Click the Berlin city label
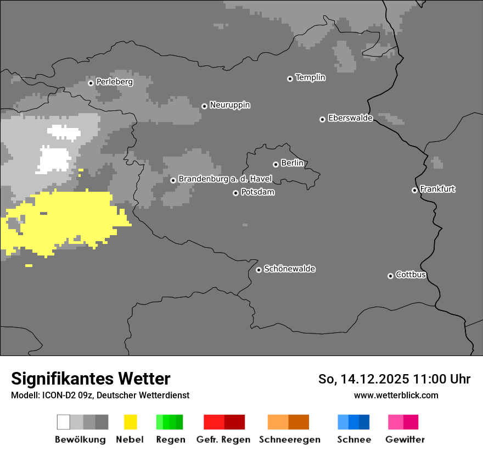(x=292, y=163)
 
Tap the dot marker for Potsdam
(x=235, y=193)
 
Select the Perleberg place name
(x=114, y=82)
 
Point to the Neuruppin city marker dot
(x=204, y=106)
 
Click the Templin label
(x=310, y=77)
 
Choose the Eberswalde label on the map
(x=350, y=118)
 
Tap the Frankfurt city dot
(x=414, y=190)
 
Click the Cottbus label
(x=411, y=275)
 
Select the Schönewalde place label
(x=289, y=269)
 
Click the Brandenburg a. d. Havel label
(x=225, y=179)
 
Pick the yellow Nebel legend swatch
(x=130, y=422)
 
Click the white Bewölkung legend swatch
(x=64, y=422)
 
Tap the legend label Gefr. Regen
(x=223, y=440)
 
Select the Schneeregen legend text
(x=290, y=440)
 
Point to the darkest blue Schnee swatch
(x=364, y=422)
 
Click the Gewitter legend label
(x=405, y=440)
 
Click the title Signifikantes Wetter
(x=91, y=379)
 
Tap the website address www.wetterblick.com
(x=396, y=395)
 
